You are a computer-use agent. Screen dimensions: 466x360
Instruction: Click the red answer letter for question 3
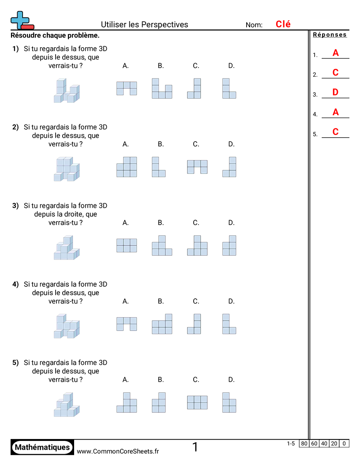pos(335,92)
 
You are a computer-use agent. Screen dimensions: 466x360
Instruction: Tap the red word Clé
pos(283,24)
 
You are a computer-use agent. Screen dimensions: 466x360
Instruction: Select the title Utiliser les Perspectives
pos(144,25)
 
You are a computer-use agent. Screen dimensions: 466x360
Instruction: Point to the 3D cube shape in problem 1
pos(66,90)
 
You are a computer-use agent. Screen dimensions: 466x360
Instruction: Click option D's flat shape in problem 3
pos(229,245)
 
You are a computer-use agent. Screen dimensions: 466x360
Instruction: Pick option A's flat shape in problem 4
pos(127,323)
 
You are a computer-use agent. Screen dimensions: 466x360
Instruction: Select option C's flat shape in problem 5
pos(197,402)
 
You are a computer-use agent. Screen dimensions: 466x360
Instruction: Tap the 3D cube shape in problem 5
pos(66,405)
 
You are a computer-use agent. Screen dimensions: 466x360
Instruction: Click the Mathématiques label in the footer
pos(42,447)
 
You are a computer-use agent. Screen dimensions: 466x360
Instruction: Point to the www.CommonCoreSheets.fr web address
pos(118,451)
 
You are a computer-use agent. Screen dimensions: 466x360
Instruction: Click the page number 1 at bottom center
pos(195,447)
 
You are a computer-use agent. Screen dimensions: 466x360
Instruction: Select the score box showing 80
pos(304,443)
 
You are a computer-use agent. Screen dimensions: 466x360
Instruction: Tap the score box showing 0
pos(344,443)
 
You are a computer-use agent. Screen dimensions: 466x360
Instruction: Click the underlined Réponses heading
pos(330,35)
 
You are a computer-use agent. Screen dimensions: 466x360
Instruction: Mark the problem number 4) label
pos(15,284)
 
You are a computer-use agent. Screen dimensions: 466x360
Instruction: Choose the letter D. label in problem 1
pos(231,66)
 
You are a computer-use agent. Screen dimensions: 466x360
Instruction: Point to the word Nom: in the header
pos(254,25)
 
